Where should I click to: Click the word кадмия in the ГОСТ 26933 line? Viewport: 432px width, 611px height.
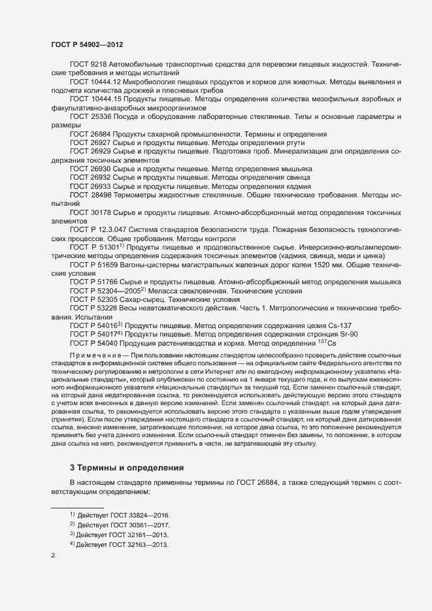point(297,186)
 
